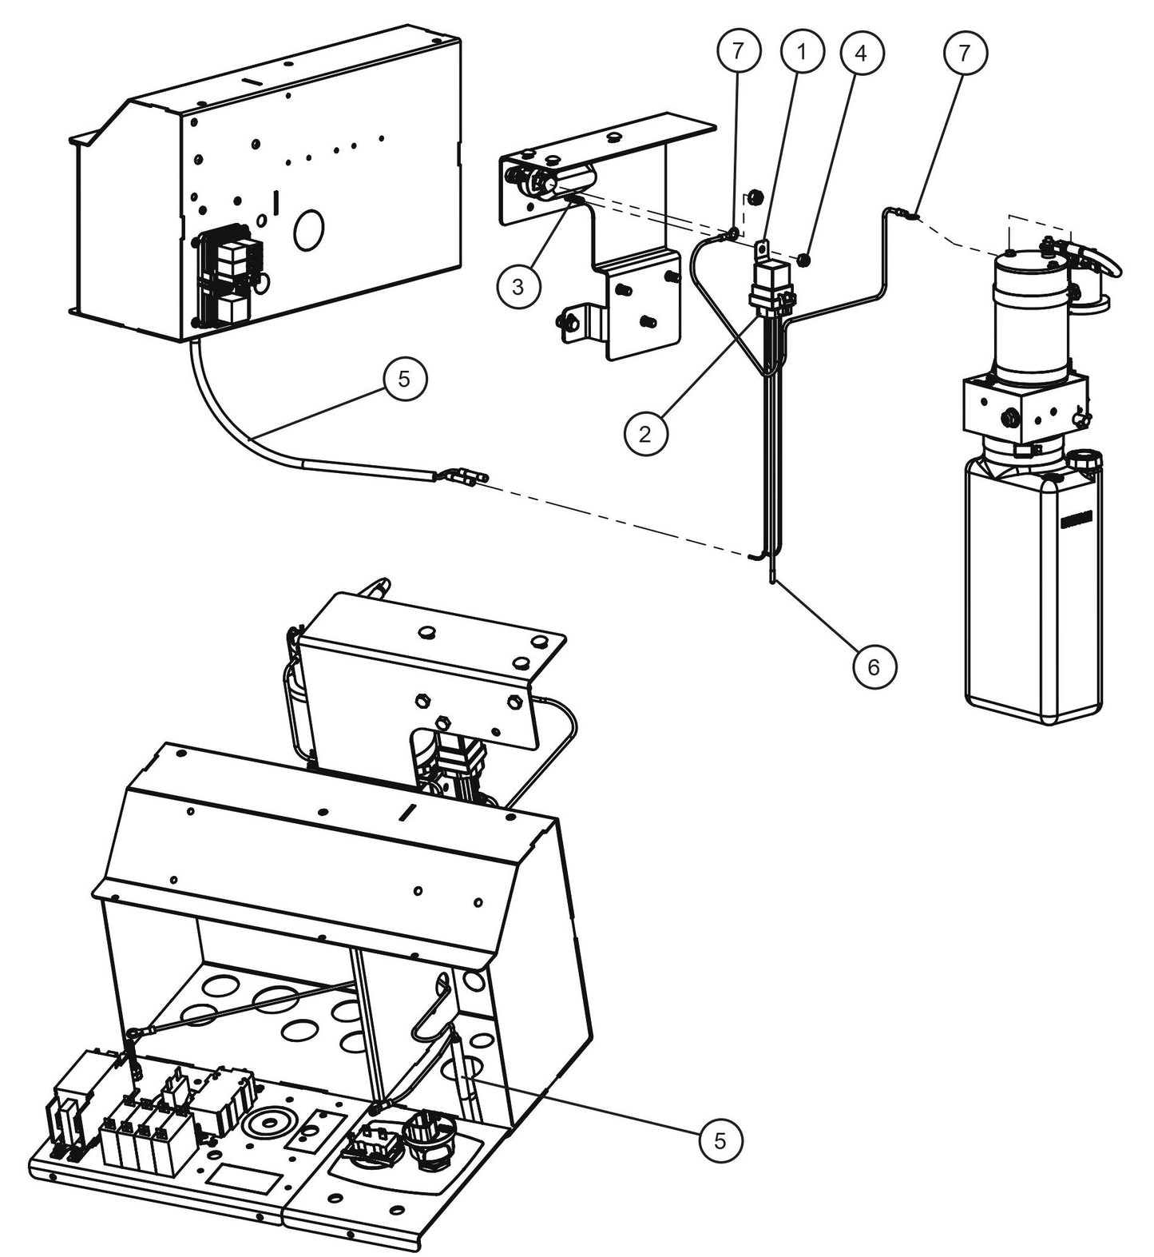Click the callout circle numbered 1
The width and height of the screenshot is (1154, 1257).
[x=801, y=53]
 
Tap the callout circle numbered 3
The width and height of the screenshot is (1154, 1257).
[x=518, y=286]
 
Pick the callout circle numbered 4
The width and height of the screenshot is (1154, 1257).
[x=859, y=53]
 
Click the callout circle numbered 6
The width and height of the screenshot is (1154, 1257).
[x=873, y=666]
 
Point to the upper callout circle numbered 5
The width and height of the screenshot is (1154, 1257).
[x=404, y=379]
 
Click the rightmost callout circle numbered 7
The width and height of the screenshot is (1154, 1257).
[x=966, y=53]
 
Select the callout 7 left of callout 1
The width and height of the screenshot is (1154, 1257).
[x=736, y=53]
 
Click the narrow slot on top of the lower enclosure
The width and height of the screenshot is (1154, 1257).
[x=406, y=813]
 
